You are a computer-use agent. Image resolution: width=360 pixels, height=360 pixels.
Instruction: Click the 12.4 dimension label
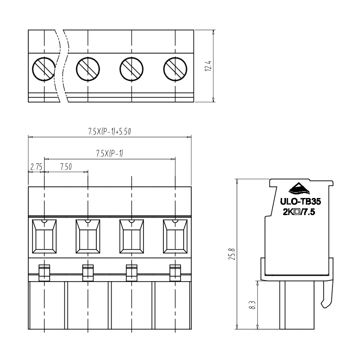coord(208,66)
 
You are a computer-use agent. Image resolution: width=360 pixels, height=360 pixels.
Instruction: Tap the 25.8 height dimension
coord(232,254)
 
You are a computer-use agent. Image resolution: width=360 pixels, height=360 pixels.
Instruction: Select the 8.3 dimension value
coord(252,305)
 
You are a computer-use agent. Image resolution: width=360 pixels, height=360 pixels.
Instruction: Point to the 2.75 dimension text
coord(36,166)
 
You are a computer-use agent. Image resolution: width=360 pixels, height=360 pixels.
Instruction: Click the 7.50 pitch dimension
coord(66,166)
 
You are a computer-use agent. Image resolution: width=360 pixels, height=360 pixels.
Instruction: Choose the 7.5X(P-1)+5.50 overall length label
coord(109,131)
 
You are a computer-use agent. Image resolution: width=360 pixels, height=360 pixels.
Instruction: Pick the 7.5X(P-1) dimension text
coord(109,153)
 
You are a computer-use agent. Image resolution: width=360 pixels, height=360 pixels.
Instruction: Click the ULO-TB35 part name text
coord(300,202)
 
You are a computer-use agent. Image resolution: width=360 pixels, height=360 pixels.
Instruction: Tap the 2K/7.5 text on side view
coord(299,212)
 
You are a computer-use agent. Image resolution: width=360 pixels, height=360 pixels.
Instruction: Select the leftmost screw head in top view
coord(44,69)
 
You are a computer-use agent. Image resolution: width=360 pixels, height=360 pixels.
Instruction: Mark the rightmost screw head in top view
coord(175,69)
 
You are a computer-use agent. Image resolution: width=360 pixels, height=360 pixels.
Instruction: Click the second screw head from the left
coord(88,69)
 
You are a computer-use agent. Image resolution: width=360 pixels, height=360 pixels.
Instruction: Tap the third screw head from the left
coord(131,69)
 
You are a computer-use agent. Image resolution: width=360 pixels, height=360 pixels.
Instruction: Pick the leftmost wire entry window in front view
coord(44,236)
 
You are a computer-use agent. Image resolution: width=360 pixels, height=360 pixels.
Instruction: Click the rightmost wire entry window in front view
coord(175,236)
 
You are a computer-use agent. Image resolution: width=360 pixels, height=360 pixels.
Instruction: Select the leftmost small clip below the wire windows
coord(44,273)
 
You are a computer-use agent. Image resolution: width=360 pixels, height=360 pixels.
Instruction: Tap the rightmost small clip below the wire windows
coord(175,273)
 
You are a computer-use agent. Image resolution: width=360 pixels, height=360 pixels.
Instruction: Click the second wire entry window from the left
coord(88,236)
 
